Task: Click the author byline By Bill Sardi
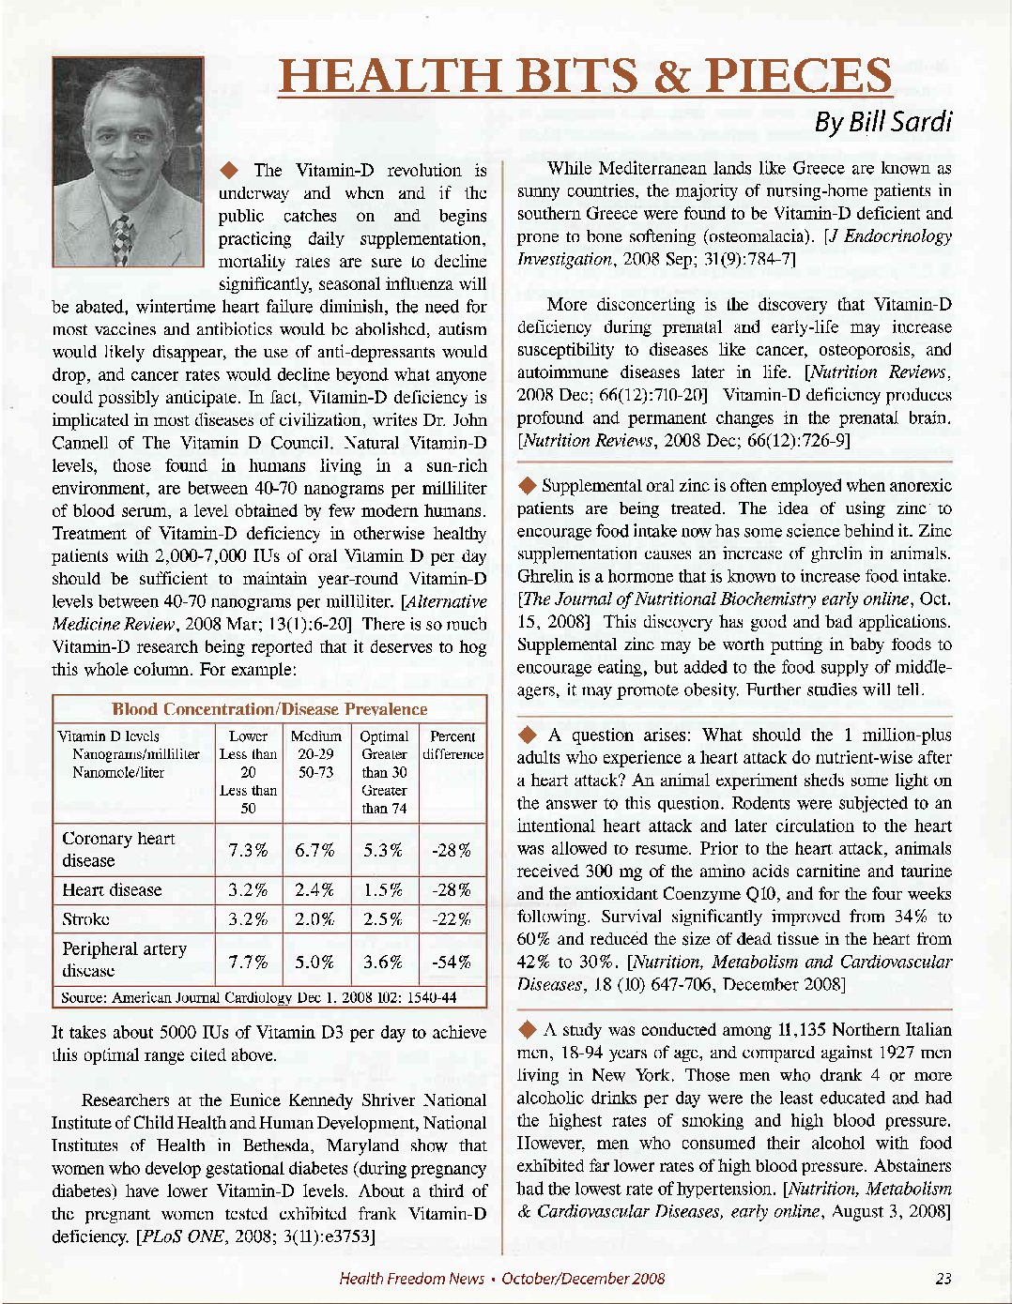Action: click(x=882, y=122)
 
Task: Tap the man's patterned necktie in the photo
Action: click(x=121, y=238)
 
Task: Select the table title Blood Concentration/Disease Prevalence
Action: click(x=269, y=709)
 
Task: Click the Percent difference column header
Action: click(x=452, y=745)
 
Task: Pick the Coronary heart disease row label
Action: click(x=118, y=849)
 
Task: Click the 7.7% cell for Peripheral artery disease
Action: click(x=248, y=961)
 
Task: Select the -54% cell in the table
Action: click(x=452, y=961)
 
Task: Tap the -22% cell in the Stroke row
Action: click(x=452, y=918)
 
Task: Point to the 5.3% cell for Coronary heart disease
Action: click(x=383, y=850)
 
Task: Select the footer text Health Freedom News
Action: click(x=411, y=1278)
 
